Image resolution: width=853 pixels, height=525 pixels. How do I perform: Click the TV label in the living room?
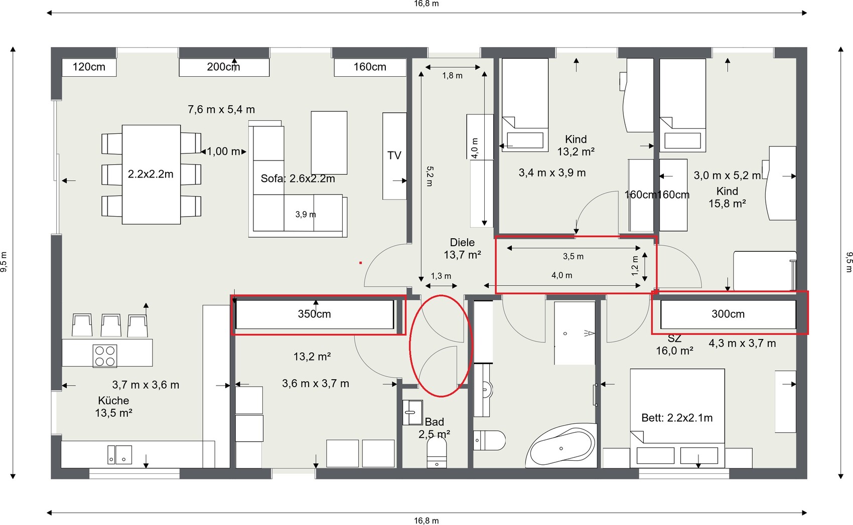(x=394, y=155)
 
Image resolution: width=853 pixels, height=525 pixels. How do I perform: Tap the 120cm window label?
(x=89, y=67)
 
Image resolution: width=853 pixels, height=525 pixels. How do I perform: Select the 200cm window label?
(x=223, y=67)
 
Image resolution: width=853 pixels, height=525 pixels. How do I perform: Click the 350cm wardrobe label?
(x=314, y=314)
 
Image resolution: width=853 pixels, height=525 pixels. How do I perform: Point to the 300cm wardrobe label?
(x=728, y=314)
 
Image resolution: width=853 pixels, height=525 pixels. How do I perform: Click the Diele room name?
(x=462, y=242)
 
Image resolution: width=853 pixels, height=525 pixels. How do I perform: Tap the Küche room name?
(x=113, y=400)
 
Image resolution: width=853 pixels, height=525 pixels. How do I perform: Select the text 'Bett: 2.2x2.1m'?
(x=677, y=418)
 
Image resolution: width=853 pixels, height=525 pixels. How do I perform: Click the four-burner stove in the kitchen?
(x=105, y=356)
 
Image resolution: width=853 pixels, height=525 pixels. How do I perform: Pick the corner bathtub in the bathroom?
(x=561, y=446)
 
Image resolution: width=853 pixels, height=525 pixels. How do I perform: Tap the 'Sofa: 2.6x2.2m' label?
(x=298, y=179)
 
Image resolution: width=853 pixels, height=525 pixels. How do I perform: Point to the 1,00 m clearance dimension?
(x=223, y=151)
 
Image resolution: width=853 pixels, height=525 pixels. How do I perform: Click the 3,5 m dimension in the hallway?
(x=573, y=256)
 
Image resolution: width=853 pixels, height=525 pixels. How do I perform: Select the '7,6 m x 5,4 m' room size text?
(x=221, y=110)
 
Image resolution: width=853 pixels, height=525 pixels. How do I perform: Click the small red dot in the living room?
(x=360, y=263)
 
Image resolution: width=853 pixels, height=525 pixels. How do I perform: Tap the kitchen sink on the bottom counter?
(x=119, y=455)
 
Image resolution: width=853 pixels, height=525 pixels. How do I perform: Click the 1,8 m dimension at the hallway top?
(x=453, y=76)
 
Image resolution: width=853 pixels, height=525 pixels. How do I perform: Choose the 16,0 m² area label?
(x=674, y=351)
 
